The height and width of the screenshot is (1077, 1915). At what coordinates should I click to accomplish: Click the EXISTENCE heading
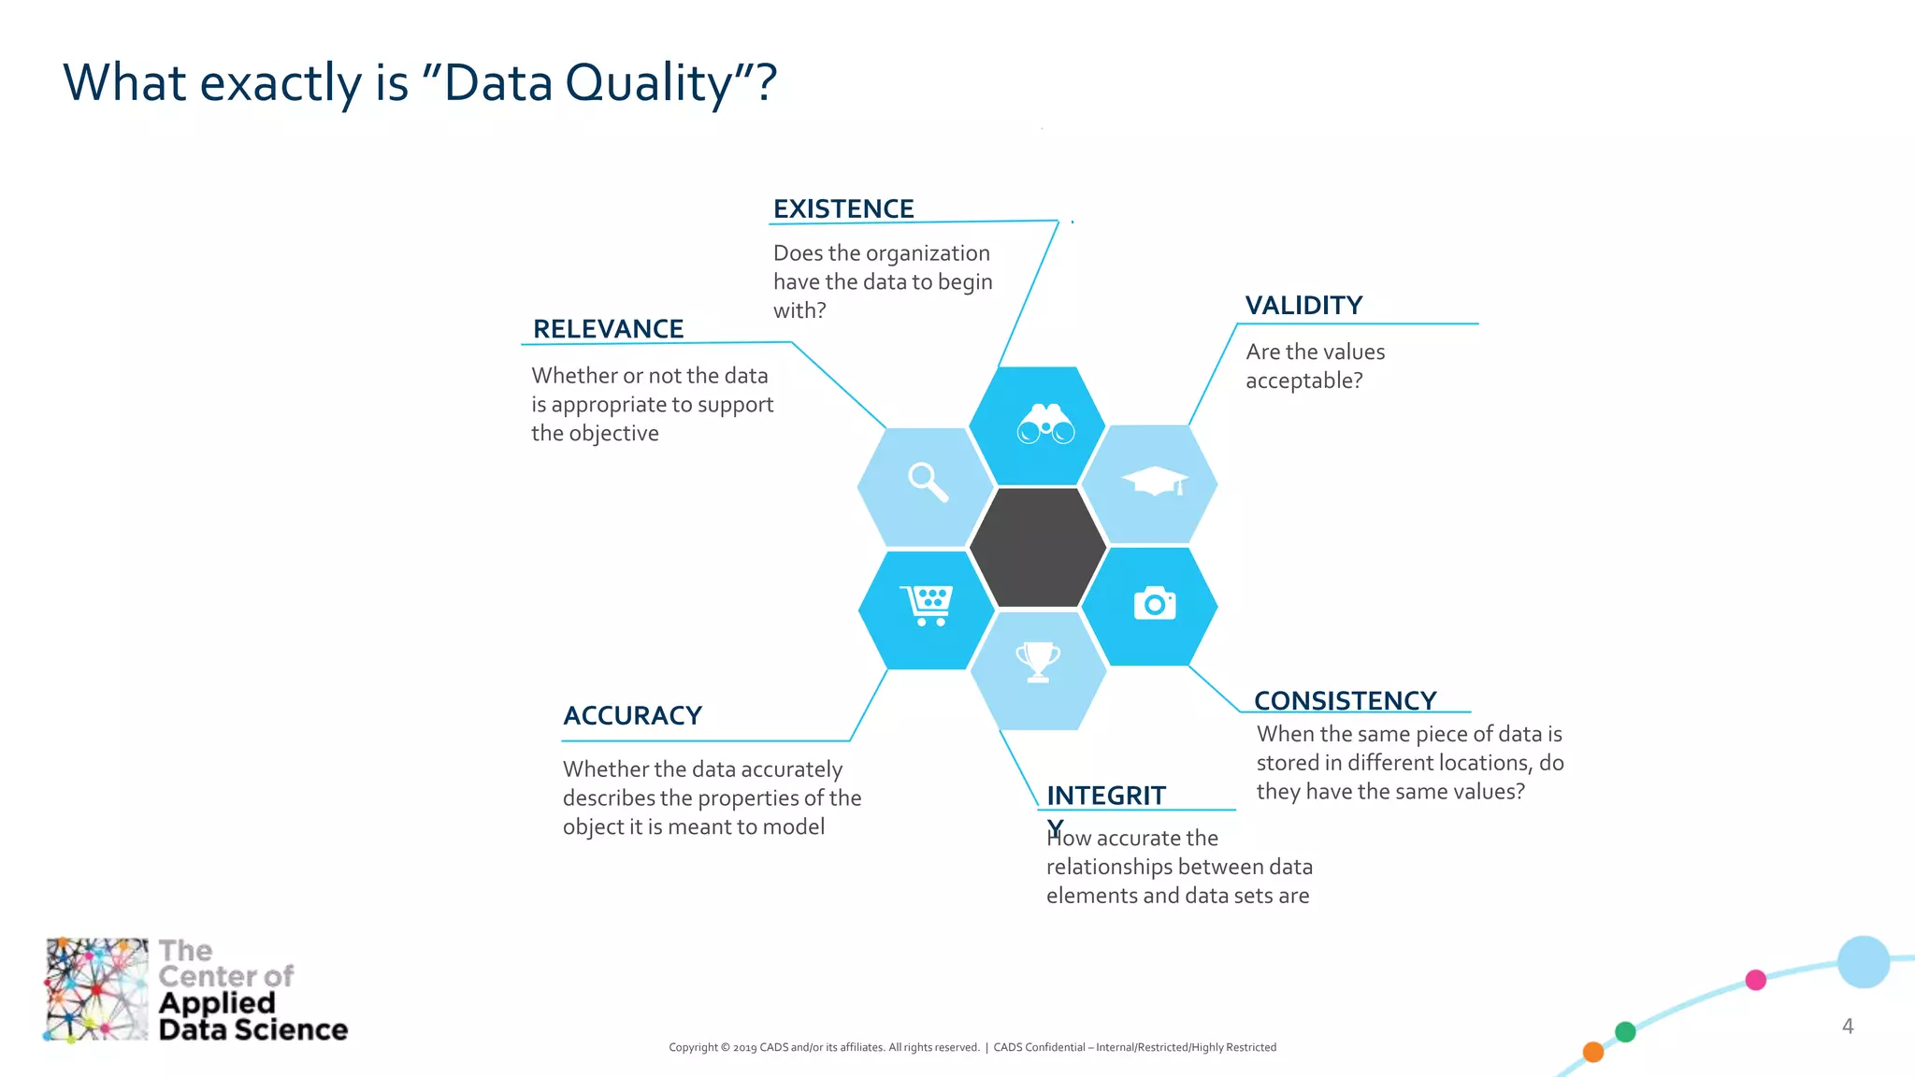(x=842, y=208)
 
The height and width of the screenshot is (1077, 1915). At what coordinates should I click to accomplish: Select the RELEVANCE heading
(x=608, y=329)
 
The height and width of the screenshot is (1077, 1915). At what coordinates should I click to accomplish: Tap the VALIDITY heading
(x=1303, y=306)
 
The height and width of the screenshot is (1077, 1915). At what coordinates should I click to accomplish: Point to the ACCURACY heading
(x=632, y=716)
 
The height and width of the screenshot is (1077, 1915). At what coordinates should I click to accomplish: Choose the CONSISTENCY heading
(x=1345, y=700)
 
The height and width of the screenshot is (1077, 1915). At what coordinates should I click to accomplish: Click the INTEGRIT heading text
(x=1105, y=796)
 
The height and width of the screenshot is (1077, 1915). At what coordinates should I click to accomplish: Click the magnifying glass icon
(x=928, y=482)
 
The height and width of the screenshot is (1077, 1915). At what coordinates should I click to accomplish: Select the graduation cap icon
(x=1155, y=481)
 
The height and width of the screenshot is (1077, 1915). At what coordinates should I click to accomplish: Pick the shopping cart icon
(x=927, y=605)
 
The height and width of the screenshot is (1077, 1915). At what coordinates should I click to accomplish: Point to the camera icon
(x=1154, y=604)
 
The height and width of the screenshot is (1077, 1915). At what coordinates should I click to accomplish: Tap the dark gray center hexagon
(x=1038, y=547)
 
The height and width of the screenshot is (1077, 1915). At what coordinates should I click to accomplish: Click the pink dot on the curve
(x=1755, y=980)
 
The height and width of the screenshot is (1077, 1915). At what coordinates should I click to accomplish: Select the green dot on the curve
(x=1625, y=1032)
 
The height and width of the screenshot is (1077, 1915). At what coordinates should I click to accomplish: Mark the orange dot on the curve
(x=1593, y=1053)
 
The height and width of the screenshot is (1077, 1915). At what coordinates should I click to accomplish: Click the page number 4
(x=1847, y=1027)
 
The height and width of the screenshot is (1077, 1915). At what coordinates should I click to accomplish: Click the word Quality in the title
(x=649, y=84)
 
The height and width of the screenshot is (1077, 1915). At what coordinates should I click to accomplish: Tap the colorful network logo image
(x=96, y=989)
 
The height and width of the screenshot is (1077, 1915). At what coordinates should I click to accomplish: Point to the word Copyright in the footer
(x=692, y=1048)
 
